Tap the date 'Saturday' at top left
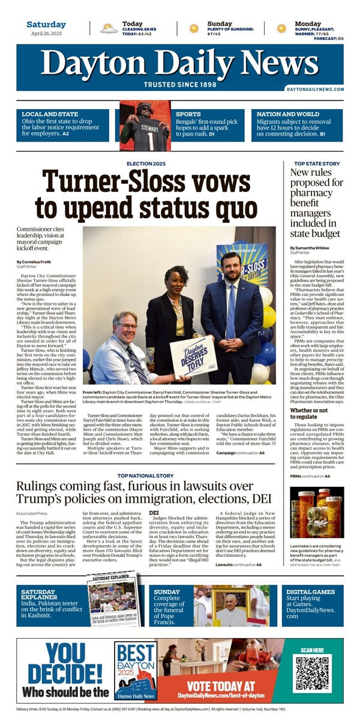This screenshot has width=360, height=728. (46, 25)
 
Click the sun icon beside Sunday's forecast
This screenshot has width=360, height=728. (194, 28)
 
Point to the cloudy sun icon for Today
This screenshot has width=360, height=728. (109, 28)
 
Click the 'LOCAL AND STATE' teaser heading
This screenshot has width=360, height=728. (50, 114)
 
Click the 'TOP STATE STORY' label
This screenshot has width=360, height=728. (317, 164)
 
